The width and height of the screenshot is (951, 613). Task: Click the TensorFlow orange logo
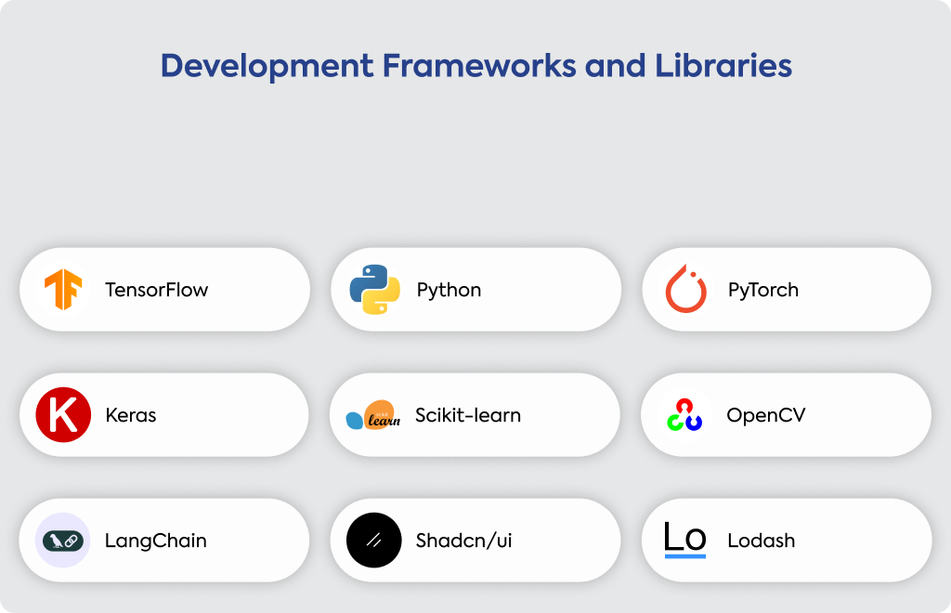click(63, 289)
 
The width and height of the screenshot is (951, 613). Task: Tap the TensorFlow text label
click(156, 290)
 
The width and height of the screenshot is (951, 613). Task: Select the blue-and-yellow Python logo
click(375, 289)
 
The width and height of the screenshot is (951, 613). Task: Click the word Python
click(449, 291)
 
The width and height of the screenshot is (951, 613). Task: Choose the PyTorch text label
click(763, 291)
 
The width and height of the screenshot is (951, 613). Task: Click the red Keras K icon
click(63, 415)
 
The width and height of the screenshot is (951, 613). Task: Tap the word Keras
click(130, 415)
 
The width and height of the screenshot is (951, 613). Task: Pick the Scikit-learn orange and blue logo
click(373, 415)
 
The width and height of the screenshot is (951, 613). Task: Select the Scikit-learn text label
click(468, 415)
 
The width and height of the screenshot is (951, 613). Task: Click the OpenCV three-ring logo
click(684, 415)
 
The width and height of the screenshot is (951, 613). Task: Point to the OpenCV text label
click(766, 415)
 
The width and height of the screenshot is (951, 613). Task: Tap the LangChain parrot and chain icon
click(63, 541)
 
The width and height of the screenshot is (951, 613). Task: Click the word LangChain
click(156, 541)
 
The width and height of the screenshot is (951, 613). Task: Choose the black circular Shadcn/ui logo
click(373, 541)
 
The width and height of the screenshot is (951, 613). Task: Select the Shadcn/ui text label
click(464, 541)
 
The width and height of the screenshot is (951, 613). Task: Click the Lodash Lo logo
click(685, 540)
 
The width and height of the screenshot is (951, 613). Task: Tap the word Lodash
click(762, 541)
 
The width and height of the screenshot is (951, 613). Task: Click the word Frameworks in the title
click(479, 66)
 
